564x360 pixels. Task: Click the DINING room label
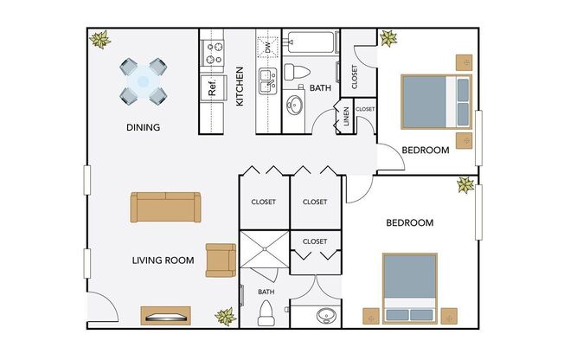tap(143, 128)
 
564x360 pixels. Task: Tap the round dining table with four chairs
tap(144, 80)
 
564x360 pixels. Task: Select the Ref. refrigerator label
tap(210, 86)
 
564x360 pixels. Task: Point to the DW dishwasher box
tap(268, 46)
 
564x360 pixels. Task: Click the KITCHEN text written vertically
tap(240, 87)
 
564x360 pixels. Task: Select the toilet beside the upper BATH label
tap(295, 73)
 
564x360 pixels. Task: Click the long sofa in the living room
tap(165, 207)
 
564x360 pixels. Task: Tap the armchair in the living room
tap(220, 260)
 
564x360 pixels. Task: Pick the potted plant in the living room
tap(226, 317)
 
